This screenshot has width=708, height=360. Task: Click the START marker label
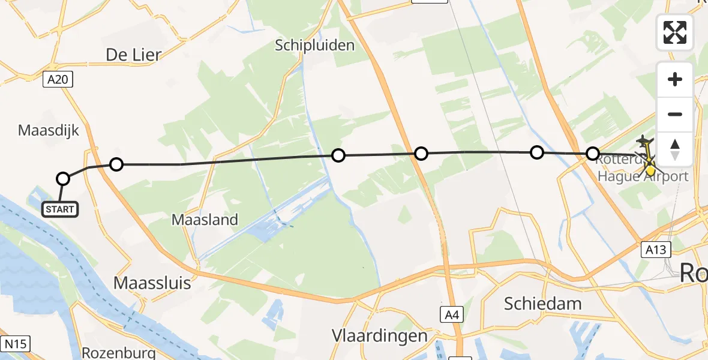(x=60, y=209)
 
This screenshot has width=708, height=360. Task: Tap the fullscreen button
(x=675, y=32)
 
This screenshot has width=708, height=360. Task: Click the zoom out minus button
(x=675, y=114)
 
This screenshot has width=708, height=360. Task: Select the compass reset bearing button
(x=675, y=149)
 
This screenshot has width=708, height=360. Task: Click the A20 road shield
(x=58, y=79)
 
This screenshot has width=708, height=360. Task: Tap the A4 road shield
(x=452, y=313)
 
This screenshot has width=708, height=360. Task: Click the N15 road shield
(x=15, y=344)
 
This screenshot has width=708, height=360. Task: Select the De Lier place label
(x=133, y=55)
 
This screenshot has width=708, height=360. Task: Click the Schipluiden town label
(x=315, y=45)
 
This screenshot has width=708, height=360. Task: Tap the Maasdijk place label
(x=49, y=130)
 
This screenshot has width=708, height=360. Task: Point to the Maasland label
(x=205, y=220)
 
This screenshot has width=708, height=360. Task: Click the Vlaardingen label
(x=381, y=335)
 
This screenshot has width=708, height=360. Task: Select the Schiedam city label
(x=543, y=304)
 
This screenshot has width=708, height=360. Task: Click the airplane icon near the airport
(x=644, y=142)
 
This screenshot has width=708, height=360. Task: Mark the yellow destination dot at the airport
(x=650, y=170)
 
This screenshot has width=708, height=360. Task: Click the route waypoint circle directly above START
(x=63, y=178)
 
